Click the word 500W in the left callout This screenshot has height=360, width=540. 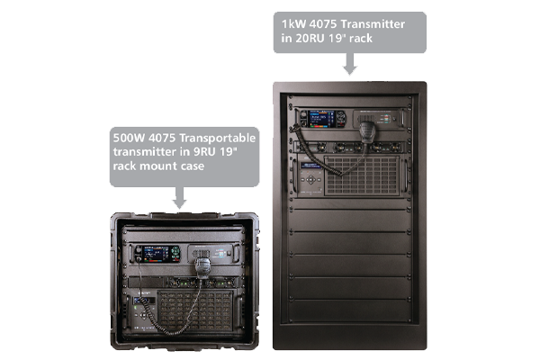tap(129, 138)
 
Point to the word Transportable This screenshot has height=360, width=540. tap(218, 138)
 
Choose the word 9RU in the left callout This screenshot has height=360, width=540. tap(204, 152)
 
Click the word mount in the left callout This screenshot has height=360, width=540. tap(159, 166)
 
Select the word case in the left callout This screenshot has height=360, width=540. tap(193, 166)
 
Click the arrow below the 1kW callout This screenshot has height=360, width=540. tap(350, 64)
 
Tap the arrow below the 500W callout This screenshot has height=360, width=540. tap(179, 198)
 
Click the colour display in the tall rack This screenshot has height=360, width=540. tap(321, 119)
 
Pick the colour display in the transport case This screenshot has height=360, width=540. tap(156, 254)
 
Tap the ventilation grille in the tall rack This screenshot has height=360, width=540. tap(362, 175)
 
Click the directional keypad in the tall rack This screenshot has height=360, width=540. tap(310, 179)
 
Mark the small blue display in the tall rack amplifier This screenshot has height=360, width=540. tap(310, 166)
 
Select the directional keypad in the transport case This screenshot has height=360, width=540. tap(143, 314)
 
